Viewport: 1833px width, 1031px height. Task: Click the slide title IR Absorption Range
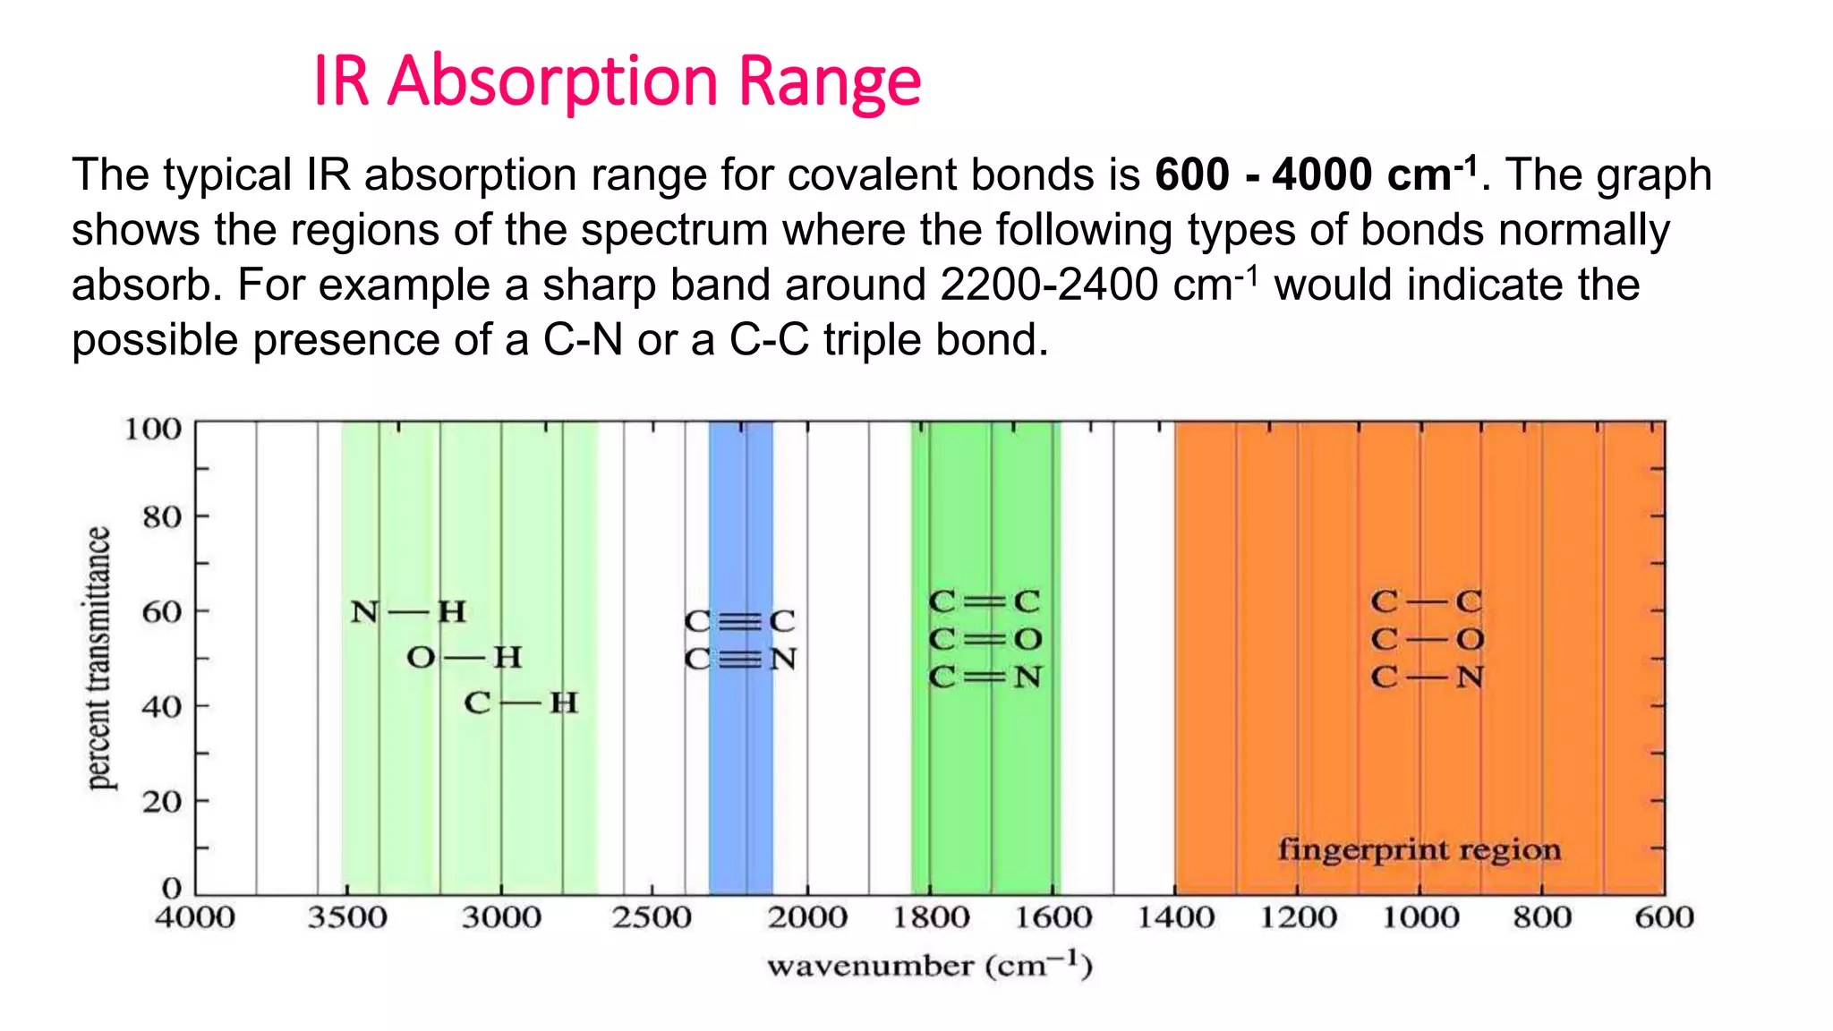point(617,81)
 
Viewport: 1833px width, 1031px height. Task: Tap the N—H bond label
point(408,612)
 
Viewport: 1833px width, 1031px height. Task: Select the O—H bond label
point(464,658)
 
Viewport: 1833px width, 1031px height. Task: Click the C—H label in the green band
point(521,703)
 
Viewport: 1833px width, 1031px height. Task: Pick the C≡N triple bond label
point(740,660)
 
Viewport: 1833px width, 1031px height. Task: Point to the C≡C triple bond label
point(739,621)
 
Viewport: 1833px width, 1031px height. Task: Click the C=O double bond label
point(985,639)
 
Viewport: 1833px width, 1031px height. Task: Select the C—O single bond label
point(1427,639)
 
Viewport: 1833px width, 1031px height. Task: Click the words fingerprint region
point(1420,848)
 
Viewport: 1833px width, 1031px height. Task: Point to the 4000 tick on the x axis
point(195,917)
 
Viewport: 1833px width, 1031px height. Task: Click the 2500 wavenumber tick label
point(652,917)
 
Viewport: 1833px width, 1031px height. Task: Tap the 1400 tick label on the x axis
point(1175,917)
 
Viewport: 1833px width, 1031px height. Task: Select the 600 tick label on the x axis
point(1664,917)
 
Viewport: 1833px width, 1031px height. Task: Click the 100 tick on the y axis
point(153,429)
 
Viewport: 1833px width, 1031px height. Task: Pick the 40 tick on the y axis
point(162,707)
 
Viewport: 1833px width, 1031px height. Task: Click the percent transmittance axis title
point(98,658)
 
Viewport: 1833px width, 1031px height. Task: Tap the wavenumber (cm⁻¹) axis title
point(930,966)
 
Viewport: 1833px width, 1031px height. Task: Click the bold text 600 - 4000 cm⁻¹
point(1316,175)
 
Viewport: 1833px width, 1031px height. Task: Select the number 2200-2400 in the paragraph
point(1049,285)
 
